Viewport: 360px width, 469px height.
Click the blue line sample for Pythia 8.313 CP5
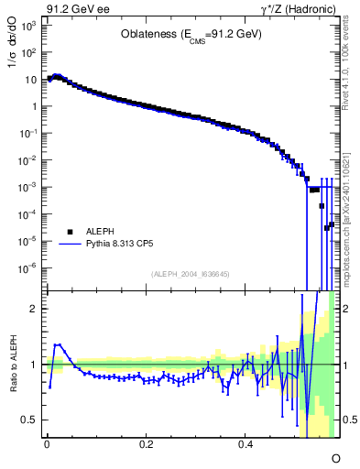pos(69,245)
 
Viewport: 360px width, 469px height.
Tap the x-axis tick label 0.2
pos(146,445)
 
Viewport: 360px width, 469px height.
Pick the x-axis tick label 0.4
pos(245,445)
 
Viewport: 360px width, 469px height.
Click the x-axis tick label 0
pos(47,445)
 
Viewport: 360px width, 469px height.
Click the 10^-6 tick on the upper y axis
pos(27,268)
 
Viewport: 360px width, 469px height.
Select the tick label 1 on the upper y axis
pos(35,106)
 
